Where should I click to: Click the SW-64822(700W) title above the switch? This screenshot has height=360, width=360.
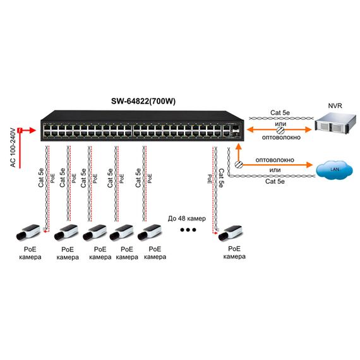[x=143, y=101]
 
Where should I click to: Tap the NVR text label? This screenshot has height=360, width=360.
[x=335, y=106]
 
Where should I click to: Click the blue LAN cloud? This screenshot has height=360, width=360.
[x=334, y=169]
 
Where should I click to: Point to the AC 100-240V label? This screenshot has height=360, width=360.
[x=13, y=148]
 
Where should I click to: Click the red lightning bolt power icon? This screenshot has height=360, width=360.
[x=20, y=131]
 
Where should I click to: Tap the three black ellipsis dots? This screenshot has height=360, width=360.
[x=188, y=230]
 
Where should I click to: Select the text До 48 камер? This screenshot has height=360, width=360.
[x=187, y=219]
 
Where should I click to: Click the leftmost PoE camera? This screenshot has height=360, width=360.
[x=28, y=232]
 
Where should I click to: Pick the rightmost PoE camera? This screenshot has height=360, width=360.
[x=230, y=233]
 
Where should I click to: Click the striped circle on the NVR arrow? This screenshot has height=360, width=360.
[x=280, y=130]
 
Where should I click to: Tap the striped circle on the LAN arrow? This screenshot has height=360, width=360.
[x=239, y=164]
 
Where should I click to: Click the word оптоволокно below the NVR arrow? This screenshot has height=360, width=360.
[x=281, y=138]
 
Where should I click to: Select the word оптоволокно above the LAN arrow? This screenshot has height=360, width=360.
[x=275, y=160]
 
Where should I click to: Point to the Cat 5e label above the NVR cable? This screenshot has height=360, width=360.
[x=280, y=112]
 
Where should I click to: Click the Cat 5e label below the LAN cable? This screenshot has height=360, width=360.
[x=275, y=181]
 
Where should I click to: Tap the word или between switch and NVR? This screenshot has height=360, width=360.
[x=280, y=124]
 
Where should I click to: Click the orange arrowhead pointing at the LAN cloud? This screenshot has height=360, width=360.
[x=309, y=165]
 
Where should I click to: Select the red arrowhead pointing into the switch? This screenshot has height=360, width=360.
[x=33, y=130]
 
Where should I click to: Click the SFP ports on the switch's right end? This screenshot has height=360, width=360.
[x=236, y=130]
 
